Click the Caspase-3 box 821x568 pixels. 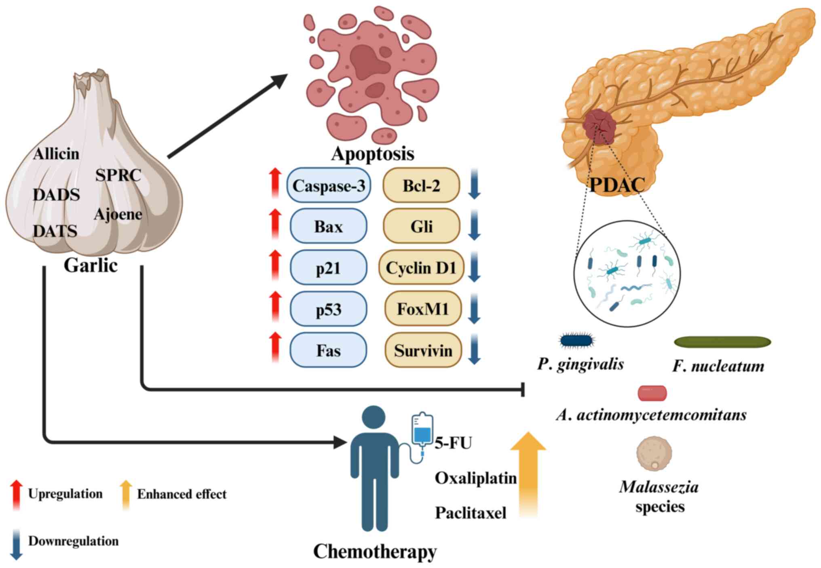(x=328, y=185)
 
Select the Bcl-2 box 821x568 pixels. (x=421, y=185)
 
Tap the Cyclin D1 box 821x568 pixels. (x=421, y=267)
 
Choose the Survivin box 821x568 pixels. (x=423, y=350)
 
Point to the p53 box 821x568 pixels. (x=328, y=309)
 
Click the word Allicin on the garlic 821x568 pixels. (x=56, y=154)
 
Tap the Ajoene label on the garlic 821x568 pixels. (x=118, y=214)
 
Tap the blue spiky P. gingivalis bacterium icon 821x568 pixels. (x=577, y=340)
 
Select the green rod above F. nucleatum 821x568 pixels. (x=722, y=342)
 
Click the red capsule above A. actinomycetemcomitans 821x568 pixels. (x=652, y=393)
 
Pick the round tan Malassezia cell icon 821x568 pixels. (x=654, y=453)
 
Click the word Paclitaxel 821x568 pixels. (x=470, y=513)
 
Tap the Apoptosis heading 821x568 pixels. (x=373, y=154)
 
